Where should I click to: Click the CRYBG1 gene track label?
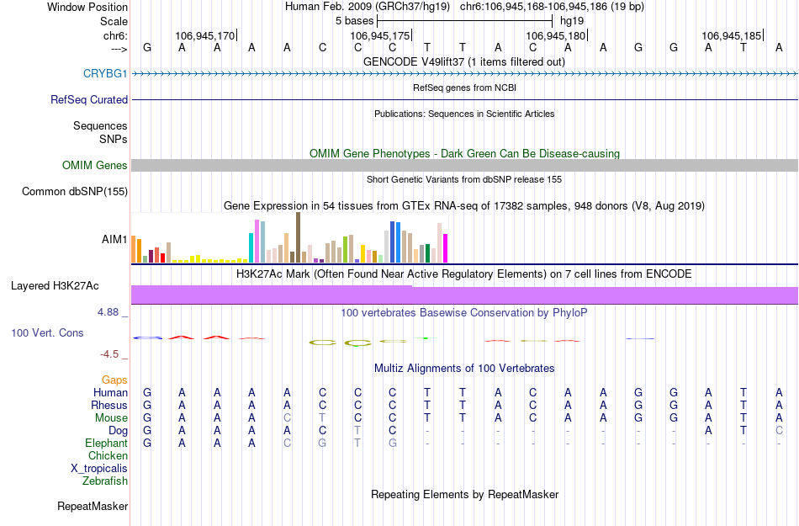pyautogui.click(x=105, y=74)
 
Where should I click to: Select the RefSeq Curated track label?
pyautogui.click(x=89, y=99)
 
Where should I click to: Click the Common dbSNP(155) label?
pyautogui.click(x=75, y=192)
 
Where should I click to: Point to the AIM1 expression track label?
pyautogui.click(x=114, y=240)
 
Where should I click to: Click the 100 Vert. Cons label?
pyautogui.click(x=47, y=333)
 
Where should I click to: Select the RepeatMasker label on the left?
pyautogui.click(x=93, y=507)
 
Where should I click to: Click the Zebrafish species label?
pyautogui.click(x=105, y=481)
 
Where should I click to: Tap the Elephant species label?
pyautogui.click(x=106, y=444)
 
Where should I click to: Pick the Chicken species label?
pyautogui.click(x=108, y=456)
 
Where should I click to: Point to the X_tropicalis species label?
pyautogui.click(x=99, y=469)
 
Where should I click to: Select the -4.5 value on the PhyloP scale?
pyautogui.click(x=110, y=354)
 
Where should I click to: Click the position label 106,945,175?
pyautogui.click(x=380, y=36)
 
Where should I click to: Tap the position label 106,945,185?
pyautogui.click(x=731, y=36)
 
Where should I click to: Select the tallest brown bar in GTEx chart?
pyautogui.click(x=298, y=237)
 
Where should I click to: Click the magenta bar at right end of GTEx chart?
pyautogui.click(x=445, y=248)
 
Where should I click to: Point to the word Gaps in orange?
pyautogui.click(x=115, y=380)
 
